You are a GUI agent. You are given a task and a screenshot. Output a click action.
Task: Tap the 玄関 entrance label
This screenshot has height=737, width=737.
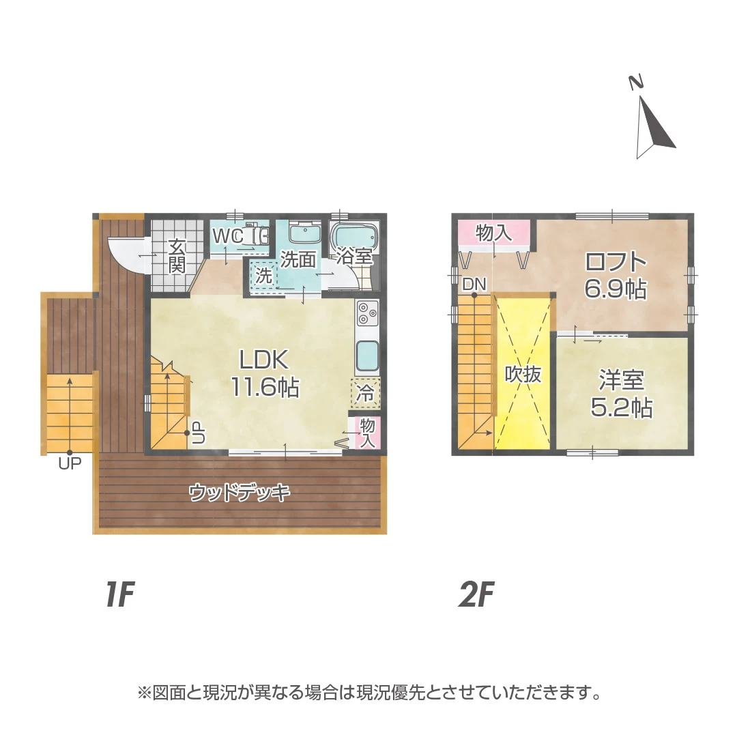[177, 255]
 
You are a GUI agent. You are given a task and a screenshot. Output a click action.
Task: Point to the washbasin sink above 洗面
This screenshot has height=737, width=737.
[304, 234]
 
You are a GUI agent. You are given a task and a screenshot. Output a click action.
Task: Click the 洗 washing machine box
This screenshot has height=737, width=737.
[263, 276]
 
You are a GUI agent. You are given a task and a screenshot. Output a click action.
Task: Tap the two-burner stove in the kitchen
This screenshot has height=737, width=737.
[366, 314]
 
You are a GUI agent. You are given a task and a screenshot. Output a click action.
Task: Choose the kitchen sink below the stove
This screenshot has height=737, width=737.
[366, 354]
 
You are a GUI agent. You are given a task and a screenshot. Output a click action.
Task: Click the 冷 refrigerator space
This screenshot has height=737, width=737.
[366, 393]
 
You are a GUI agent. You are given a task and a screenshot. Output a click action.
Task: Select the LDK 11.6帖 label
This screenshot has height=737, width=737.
[263, 373]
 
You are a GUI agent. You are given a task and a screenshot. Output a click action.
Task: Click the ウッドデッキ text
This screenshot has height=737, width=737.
[240, 492]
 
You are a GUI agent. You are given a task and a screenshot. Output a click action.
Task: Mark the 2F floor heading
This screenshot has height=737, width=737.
[476, 595]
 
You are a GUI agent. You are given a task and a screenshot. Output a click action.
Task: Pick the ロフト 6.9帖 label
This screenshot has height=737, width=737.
[616, 275]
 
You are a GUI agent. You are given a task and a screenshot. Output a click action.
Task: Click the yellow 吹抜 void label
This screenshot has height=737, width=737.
[523, 374]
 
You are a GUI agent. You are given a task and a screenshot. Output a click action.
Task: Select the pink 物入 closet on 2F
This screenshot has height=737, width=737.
[493, 233]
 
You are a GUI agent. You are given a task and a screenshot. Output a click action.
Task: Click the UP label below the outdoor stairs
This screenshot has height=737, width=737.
[70, 463]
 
